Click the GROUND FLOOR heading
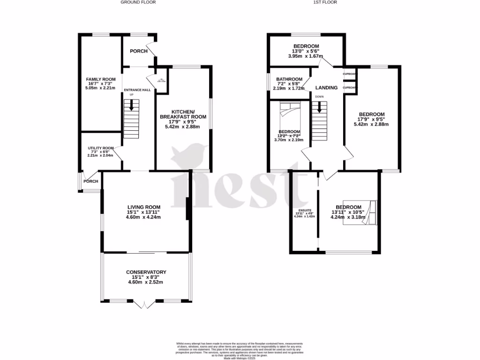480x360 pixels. (138, 2)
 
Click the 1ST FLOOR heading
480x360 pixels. (326, 2)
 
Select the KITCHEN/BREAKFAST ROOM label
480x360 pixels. (183, 113)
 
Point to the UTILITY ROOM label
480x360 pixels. (101, 148)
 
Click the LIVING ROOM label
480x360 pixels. (144, 207)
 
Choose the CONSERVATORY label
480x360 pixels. (146, 272)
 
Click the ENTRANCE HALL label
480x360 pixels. (137, 90)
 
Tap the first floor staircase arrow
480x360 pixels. (320, 107)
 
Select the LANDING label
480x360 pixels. (326, 88)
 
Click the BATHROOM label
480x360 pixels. (289, 79)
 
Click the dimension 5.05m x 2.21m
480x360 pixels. (100, 88)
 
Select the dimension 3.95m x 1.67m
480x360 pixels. (306, 56)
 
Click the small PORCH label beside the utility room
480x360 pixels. (91, 181)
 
